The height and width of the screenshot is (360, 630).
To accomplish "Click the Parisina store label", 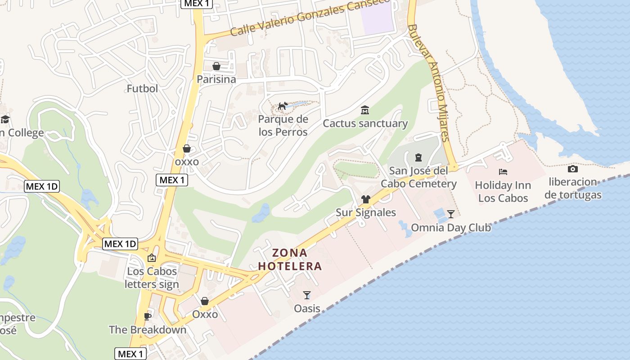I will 216,79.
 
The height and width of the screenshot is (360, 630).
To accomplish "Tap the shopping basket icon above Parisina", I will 216,67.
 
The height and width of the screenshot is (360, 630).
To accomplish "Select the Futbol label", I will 142,88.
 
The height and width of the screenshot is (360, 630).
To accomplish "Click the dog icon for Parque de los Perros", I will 283,106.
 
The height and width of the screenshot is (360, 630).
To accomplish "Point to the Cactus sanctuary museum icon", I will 365,110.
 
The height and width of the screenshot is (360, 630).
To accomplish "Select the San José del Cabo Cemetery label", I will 418,177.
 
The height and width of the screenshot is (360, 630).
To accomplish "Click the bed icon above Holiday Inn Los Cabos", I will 503,172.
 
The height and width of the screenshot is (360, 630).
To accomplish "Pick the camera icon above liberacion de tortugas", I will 573,169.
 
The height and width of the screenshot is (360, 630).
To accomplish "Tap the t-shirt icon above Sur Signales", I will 365,199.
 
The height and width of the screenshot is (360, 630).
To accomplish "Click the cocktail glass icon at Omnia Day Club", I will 451,214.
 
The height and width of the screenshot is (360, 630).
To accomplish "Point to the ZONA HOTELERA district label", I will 290,259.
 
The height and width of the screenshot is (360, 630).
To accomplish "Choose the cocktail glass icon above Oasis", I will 307,295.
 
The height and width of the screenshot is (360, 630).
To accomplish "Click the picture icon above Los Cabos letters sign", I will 152,258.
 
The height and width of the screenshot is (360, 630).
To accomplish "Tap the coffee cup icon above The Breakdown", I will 147,316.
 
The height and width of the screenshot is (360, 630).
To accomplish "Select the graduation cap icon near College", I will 5,119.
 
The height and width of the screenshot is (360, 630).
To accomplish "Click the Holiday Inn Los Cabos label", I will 503,192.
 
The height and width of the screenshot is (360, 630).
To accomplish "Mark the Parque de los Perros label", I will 283,126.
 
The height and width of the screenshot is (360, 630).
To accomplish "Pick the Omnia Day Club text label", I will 451,227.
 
